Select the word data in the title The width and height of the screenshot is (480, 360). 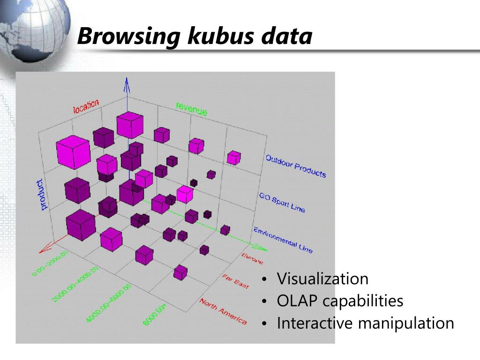(287, 37)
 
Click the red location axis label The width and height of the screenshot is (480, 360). (86, 106)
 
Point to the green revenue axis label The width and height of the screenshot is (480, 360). (191, 109)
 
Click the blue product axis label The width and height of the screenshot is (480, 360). (42, 194)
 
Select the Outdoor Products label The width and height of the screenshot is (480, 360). (295, 166)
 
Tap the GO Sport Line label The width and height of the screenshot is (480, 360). (282, 202)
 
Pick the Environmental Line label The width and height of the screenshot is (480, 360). (283, 240)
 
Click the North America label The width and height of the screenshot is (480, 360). (223, 311)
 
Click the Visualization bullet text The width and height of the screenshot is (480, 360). (322, 279)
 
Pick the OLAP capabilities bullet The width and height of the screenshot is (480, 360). (340, 301)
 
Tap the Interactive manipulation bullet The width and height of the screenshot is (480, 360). (365, 323)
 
